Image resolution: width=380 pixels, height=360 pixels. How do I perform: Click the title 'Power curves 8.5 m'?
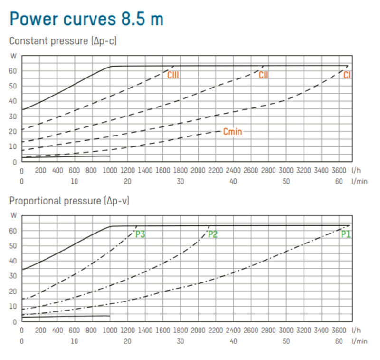(x=86, y=19)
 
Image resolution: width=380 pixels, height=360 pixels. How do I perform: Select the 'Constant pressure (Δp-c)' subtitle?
(x=63, y=41)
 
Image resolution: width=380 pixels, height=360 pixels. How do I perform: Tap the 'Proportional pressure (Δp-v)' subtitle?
(x=69, y=201)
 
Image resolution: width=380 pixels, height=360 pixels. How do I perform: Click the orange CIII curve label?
(x=173, y=75)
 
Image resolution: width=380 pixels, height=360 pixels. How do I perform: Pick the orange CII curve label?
(x=264, y=75)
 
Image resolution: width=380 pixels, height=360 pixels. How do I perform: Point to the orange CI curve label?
(x=347, y=75)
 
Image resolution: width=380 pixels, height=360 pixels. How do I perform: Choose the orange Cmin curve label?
(x=233, y=132)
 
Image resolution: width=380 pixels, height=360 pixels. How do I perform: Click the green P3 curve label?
(x=140, y=234)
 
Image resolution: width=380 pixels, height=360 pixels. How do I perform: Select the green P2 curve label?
(x=212, y=234)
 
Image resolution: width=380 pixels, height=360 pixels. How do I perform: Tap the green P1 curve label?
(x=346, y=234)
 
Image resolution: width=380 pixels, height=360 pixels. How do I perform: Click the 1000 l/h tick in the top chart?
(x=110, y=170)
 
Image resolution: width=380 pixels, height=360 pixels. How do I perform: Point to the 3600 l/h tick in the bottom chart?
(x=339, y=330)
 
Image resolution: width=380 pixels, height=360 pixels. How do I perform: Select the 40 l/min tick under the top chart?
(x=233, y=181)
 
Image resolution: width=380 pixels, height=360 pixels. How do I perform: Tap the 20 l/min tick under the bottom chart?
(x=127, y=341)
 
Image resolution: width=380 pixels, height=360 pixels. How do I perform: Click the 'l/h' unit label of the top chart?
(x=356, y=170)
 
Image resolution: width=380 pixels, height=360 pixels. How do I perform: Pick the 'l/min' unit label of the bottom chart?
(x=360, y=341)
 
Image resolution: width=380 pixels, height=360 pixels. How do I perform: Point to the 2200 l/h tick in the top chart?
(x=216, y=170)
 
